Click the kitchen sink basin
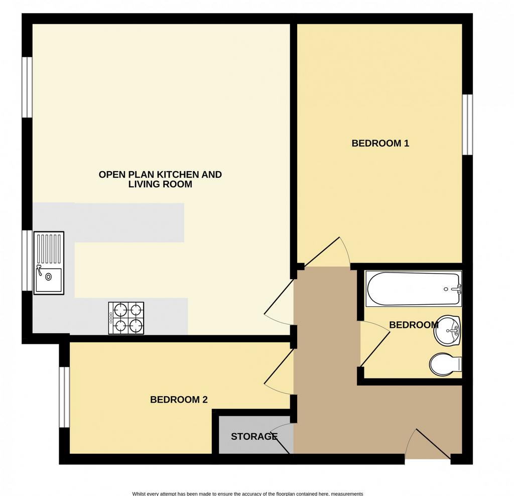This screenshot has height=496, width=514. [x=49, y=280]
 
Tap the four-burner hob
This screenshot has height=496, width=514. [x=126, y=318]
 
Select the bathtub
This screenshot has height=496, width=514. [x=414, y=289]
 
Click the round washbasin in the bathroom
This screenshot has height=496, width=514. [x=448, y=330]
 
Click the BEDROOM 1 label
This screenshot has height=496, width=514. [x=380, y=143]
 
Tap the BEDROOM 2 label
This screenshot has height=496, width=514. [x=179, y=400]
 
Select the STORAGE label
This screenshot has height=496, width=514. [x=254, y=437]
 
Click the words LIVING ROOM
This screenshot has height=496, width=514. [x=160, y=184]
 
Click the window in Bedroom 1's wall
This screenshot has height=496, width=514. [x=467, y=124]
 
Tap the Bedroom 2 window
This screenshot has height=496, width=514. [x=64, y=397]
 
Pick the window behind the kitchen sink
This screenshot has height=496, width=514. [x=27, y=260]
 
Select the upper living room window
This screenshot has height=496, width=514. [x=27, y=87]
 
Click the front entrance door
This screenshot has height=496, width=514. [x=428, y=444]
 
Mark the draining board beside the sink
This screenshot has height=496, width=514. [x=49, y=249]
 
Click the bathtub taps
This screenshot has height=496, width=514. [x=456, y=289]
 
